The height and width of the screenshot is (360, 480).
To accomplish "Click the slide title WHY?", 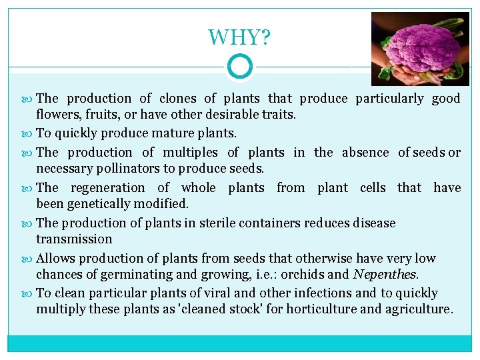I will [239, 37].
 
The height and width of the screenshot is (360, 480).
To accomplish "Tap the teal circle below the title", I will [239, 67].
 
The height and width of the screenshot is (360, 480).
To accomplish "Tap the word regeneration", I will [107, 187].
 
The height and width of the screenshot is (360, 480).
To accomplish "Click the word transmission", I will [74, 239].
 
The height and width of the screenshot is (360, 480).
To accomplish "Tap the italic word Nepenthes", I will [385, 274].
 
